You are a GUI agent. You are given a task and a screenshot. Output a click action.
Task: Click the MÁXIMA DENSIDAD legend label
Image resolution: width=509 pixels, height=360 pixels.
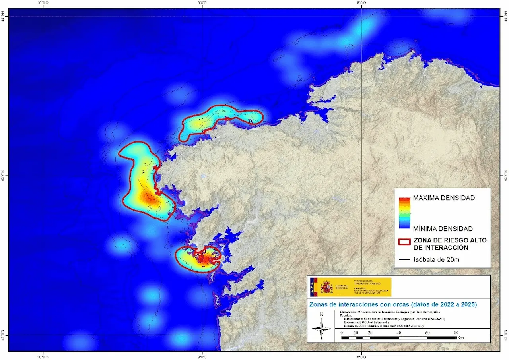(443, 198)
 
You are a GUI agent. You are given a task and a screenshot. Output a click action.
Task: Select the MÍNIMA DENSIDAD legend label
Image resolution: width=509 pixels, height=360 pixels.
(443, 229)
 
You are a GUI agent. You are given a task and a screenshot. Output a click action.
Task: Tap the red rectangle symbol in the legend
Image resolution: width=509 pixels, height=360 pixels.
(404, 244)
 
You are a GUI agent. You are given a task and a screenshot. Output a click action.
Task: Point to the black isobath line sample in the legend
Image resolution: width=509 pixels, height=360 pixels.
(404, 260)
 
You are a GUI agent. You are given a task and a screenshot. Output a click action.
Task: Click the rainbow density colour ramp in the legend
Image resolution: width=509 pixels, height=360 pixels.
(404, 213)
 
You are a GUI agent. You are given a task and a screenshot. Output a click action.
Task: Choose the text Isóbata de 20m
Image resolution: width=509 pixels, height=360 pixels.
(437, 260)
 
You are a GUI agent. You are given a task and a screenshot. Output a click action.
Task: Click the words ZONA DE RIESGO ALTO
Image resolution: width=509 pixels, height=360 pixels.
(449, 240)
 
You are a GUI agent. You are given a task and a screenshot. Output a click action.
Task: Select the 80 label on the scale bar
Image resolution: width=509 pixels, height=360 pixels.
(456, 332)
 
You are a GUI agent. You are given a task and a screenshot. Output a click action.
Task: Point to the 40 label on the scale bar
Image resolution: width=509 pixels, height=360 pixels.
(399, 332)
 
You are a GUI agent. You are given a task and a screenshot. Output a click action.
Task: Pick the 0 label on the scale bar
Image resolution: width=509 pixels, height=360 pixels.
(342, 332)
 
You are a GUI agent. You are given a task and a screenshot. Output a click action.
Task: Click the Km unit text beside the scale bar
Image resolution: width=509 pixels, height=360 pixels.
(460, 338)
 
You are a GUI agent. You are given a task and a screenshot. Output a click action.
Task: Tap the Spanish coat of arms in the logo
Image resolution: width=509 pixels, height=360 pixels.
(326, 287)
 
